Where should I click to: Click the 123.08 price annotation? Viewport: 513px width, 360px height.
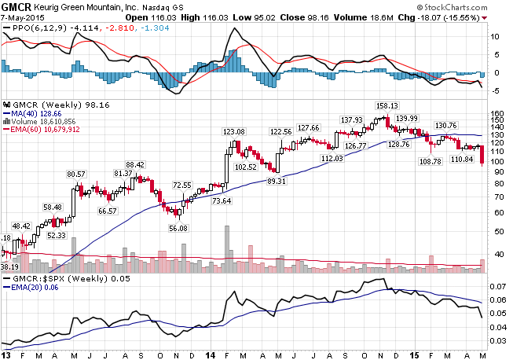pyautogui.click(x=234, y=131)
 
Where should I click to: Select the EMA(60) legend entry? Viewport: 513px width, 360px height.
pyautogui.click(x=42, y=128)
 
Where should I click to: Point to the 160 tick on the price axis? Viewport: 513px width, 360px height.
pyautogui.click(x=497, y=113)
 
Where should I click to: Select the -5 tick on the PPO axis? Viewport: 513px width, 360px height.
pyautogui.click(x=493, y=90)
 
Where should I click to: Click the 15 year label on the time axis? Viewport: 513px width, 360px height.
pyautogui.click(x=415, y=354)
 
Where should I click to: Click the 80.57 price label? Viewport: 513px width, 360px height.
pyautogui.click(x=76, y=174)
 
